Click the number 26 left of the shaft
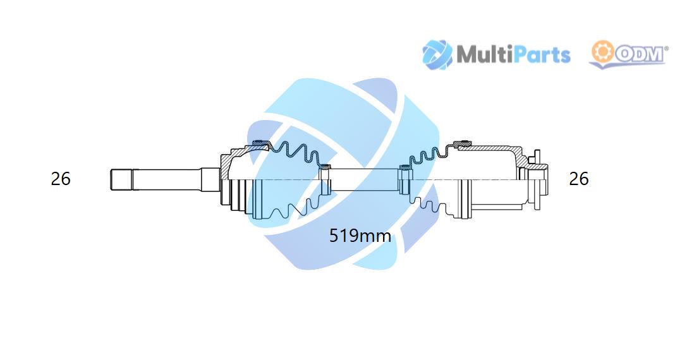coord(61,179)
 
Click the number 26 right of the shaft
coord(578,179)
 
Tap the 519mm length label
coord(360,236)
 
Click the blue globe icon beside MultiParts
coord(437,55)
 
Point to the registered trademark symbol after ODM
coord(667,48)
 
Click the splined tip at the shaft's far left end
coord(121,179)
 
